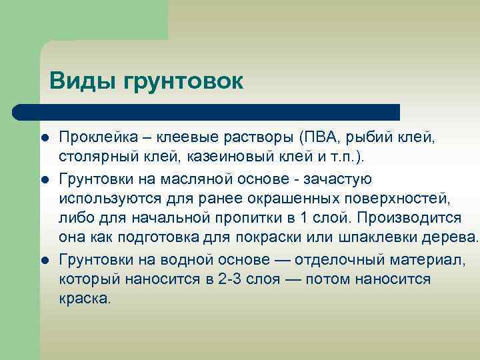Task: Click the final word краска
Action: pyautogui.click(x=85, y=299)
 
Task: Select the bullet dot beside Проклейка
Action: pyautogui.click(x=43, y=138)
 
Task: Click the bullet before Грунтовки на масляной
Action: pyautogui.click(x=43, y=179)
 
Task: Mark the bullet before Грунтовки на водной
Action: pyautogui.click(x=43, y=259)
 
